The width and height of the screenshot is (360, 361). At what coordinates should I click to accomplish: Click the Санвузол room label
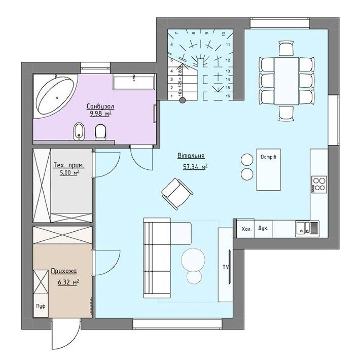(101, 106)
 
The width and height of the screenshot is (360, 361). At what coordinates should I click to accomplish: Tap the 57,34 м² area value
(195, 167)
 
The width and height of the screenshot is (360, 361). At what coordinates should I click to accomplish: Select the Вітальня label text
(191, 156)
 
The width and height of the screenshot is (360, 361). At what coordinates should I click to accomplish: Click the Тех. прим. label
(69, 165)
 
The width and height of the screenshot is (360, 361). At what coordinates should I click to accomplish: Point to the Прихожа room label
(64, 271)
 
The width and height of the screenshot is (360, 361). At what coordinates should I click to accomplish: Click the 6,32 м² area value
(68, 282)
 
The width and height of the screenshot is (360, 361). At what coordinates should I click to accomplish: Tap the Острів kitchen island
(268, 169)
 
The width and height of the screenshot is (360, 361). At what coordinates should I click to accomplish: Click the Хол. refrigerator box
(246, 229)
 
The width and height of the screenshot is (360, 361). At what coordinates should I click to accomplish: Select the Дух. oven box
(263, 229)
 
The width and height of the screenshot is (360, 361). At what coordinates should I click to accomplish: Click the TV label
(226, 267)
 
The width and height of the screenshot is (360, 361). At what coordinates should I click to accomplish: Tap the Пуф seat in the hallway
(41, 306)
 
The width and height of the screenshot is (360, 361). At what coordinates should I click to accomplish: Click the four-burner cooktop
(319, 184)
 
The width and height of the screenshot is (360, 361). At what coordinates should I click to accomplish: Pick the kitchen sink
(307, 228)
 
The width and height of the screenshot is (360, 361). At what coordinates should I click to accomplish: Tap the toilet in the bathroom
(101, 132)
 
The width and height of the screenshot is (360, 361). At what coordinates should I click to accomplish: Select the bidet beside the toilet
(79, 131)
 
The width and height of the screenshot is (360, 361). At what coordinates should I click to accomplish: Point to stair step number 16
(228, 96)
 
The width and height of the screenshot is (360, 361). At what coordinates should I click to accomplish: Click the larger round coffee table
(193, 260)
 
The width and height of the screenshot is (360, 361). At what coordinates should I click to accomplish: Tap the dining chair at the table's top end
(286, 48)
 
